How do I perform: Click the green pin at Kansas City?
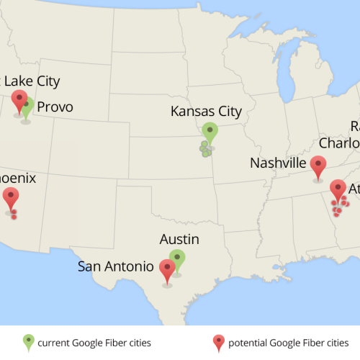pyautogui.click(x=210, y=132)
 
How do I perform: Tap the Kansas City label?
pyautogui.click(x=206, y=112)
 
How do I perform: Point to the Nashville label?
pyautogui.click(x=278, y=163)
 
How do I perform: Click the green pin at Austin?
pyautogui.click(x=177, y=259)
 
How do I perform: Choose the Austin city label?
pyautogui.click(x=179, y=239)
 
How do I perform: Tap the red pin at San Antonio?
pyautogui.click(x=168, y=269)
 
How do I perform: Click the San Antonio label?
pyautogui.click(x=115, y=266)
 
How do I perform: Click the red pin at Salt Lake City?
pyautogui.click(x=19, y=100)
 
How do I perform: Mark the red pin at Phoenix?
pyautogui.click(x=11, y=196)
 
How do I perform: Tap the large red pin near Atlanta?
pyautogui.click(x=338, y=189)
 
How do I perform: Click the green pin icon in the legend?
pyautogui.click(x=28, y=341)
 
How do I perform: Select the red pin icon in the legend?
pyautogui.click(x=219, y=341)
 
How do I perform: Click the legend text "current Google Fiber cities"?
pyautogui.click(x=94, y=342)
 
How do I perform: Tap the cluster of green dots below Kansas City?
pyautogui.click(x=206, y=149)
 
